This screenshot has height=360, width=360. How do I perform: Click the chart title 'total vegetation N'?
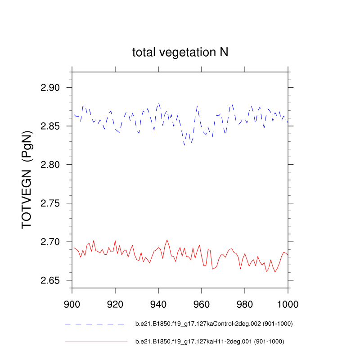[180, 52]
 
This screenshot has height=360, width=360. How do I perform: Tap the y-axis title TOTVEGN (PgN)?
[27, 180]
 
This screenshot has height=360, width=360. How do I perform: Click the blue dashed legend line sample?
[94, 324]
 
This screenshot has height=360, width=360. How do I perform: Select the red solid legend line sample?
[96, 342]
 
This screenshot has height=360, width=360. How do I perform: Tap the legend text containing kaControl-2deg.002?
[211, 324]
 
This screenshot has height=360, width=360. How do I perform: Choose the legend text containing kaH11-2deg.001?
[210, 342]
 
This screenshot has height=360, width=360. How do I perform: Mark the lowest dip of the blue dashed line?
[184, 145]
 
